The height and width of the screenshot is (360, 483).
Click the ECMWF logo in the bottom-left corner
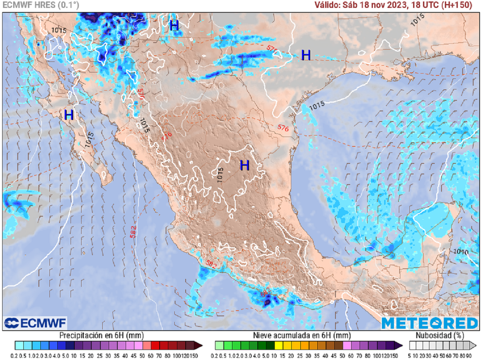click(36, 323)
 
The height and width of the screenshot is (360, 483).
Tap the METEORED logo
click(429, 323)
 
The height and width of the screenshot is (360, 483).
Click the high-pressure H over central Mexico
click(244, 165)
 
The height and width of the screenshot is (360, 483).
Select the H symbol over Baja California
click(69, 115)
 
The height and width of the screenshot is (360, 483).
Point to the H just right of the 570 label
click(306, 55)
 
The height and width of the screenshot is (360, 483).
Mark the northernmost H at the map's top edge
click(175, 26)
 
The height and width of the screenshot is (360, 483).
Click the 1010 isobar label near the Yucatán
click(461, 252)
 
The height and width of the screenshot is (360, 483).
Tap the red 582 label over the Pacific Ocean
click(133, 232)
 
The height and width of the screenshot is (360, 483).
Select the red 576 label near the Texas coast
click(283, 128)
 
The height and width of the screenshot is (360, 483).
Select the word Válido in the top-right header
click(327, 5)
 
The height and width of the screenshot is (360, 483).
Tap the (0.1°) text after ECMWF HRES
click(68, 5)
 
